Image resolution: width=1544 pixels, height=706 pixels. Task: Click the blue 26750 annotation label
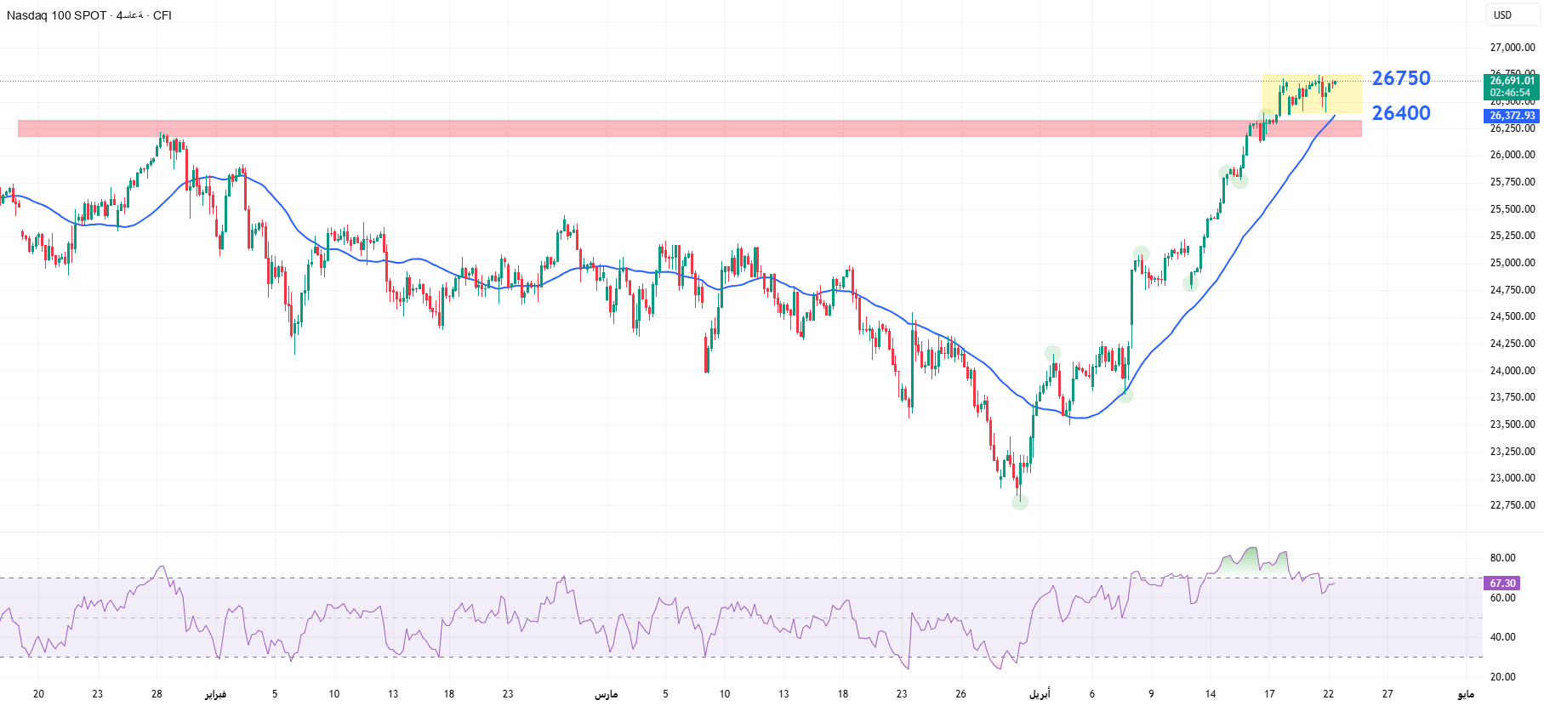tap(1401, 78)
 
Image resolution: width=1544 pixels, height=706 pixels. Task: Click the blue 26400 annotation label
tap(1401, 113)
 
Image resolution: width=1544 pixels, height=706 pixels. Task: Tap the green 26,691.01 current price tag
tap(1512, 82)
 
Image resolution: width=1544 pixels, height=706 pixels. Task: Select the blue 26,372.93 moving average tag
tap(1512, 116)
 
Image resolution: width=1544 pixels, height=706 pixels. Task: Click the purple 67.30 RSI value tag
tap(1502, 584)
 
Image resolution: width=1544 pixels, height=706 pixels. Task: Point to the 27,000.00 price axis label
tap(1512, 48)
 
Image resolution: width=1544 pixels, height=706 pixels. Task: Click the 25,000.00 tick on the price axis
tap(1512, 263)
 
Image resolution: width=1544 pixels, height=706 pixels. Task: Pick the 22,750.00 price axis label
tap(1512, 505)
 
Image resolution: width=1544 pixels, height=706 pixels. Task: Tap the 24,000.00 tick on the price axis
tap(1512, 371)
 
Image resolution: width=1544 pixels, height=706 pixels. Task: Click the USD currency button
tap(1503, 15)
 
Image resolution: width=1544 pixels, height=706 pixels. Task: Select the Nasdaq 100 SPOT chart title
tap(56, 15)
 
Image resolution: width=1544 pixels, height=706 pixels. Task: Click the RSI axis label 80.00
tap(1502, 558)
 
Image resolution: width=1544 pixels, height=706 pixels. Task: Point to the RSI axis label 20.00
tap(1502, 677)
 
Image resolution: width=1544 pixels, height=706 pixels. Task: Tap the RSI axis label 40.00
tap(1502, 637)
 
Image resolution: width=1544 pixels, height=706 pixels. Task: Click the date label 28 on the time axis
tap(157, 694)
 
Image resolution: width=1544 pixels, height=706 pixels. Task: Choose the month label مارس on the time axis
tap(606, 694)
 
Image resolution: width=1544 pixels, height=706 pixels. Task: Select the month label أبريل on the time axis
tap(1040, 694)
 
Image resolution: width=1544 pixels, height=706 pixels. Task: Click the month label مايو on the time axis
tap(1465, 694)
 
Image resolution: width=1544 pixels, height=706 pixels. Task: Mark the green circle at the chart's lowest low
tap(1020, 503)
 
